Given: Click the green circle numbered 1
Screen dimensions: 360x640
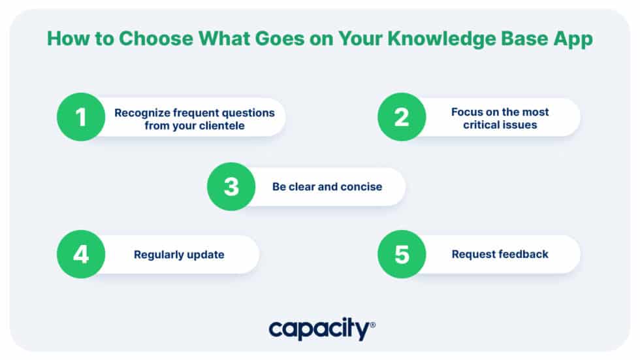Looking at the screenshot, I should [x=81, y=118].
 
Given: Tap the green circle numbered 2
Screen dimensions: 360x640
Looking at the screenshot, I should [x=402, y=118].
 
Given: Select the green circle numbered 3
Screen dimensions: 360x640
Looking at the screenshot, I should [x=231, y=186].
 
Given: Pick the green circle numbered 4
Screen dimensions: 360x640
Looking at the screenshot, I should [x=81, y=254].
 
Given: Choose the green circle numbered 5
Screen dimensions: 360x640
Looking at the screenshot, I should [x=402, y=254].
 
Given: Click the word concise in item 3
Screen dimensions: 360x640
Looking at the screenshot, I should [x=362, y=187].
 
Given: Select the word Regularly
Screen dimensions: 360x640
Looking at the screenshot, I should [x=157, y=255].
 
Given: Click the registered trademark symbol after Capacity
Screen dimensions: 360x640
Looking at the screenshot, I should [x=372, y=325].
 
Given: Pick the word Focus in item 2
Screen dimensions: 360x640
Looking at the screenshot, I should [x=466, y=112].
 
